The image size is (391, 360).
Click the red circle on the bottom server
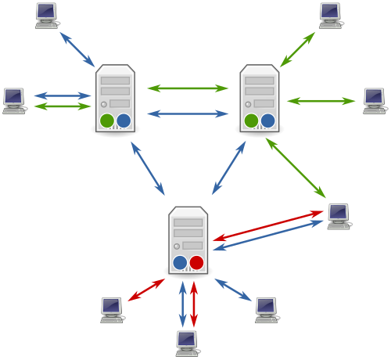click(x=196, y=262)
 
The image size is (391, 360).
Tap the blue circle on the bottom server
click(x=180, y=262)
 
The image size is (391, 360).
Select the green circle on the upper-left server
click(x=107, y=121)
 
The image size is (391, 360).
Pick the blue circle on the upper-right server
click(x=267, y=121)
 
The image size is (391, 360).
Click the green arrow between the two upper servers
click(x=188, y=88)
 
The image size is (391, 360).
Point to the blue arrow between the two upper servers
click(x=188, y=113)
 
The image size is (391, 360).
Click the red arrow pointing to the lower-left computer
click(x=146, y=290)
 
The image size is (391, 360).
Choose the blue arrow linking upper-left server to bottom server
click(x=148, y=168)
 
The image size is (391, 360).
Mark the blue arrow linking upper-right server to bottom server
click(x=228, y=168)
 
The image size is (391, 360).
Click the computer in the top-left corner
click(x=47, y=15)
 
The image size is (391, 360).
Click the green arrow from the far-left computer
click(x=63, y=106)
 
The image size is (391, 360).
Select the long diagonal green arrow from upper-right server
click(x=296, y=168)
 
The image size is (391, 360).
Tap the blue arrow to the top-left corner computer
click(x=77, y=49)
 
